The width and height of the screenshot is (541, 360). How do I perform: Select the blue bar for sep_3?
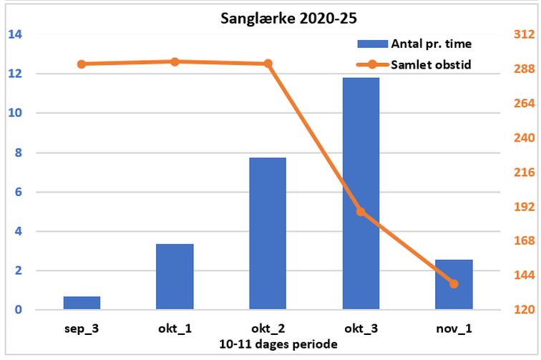point(82,303)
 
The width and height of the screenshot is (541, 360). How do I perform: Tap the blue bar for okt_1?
point(175,277)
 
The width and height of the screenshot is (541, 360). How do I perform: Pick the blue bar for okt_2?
point(268,233)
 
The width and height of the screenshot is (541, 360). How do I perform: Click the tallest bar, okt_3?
point(361,193)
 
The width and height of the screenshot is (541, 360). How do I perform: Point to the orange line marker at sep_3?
point(82,64)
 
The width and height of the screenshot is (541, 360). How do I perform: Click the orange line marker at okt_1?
point(175,62)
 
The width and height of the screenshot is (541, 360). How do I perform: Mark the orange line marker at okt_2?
point(268,64)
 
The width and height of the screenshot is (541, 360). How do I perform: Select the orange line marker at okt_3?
point(361,212)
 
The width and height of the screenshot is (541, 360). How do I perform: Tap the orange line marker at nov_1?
point(454,284)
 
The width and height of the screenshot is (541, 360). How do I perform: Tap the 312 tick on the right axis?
point(525,34)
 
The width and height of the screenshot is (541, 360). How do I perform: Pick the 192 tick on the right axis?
point(525,207)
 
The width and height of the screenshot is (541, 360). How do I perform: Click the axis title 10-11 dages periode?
point(278,344)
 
